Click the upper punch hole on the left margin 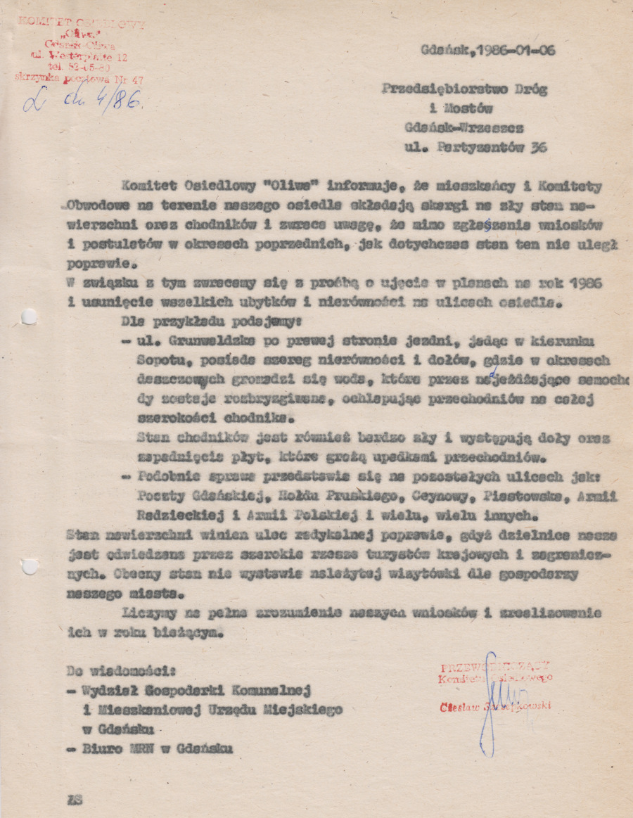pos(29,317)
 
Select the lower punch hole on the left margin pos(29,565)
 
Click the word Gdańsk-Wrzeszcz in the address pos(465,128)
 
